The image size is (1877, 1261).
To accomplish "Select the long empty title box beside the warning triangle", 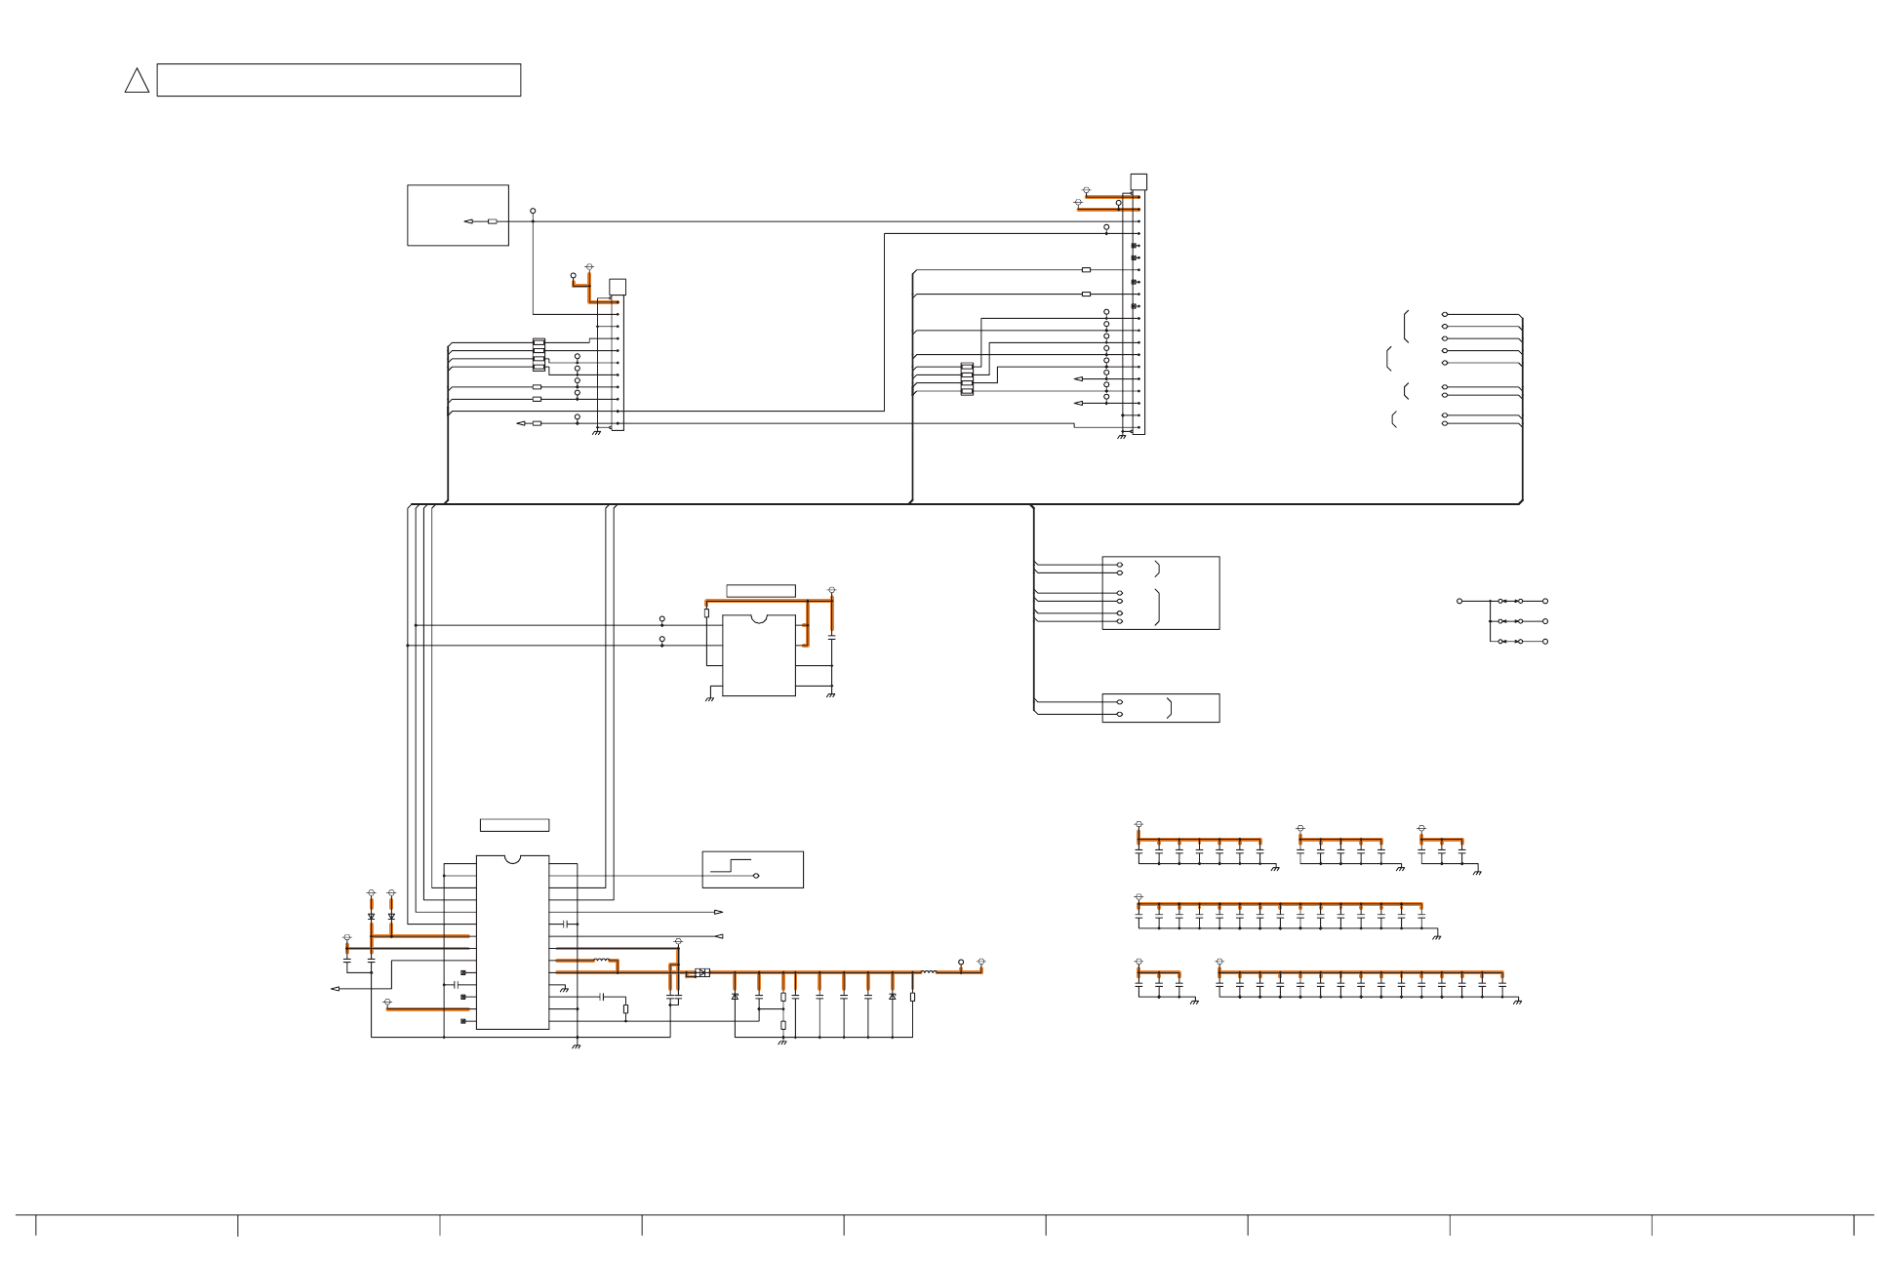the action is coord(339,80).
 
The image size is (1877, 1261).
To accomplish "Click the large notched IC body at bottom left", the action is coord(512,942).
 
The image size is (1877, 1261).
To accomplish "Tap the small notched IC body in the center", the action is coord(759,655).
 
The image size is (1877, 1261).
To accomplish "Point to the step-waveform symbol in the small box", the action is coord(731,866).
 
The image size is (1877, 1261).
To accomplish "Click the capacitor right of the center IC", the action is coord(831,637).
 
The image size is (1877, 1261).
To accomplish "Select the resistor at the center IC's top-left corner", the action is coord(706,613).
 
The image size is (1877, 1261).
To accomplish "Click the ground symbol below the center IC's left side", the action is coord(709,698).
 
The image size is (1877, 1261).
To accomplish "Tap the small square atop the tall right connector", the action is coord(1138,182).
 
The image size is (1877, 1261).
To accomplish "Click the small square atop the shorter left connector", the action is coord(617,287).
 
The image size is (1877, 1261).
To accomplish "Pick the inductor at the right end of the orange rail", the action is coord(928,972).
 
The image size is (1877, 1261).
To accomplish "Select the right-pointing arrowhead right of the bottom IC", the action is coord(719,913).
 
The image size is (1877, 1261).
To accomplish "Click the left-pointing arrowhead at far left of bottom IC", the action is coord(335,989).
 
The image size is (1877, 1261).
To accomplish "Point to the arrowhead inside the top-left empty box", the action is coord(468,221).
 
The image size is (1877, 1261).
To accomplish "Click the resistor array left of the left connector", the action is coord(539,355).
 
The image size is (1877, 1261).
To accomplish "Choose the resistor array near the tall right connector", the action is coord(967,378).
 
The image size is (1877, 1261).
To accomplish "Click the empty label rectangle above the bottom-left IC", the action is coord(514,825).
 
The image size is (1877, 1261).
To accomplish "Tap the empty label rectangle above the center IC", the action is coord(761,591).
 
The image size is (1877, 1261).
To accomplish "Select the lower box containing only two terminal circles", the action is coord(1160,708).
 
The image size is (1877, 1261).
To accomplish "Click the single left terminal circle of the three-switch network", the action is coord(1459,601).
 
